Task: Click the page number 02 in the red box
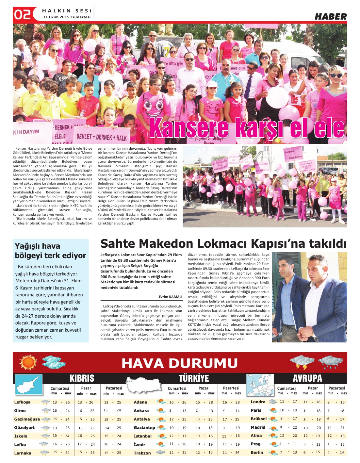tap(22, 14)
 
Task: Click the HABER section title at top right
tap(330, 17)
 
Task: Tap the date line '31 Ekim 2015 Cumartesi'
tap(66, 17)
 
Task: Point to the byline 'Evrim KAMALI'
tap(170, 297)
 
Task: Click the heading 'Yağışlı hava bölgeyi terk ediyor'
tap(50, 251)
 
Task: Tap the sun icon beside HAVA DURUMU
tap(28, 362)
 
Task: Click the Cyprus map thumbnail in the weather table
tap(29, 385)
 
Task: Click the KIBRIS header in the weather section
tap(82, 378)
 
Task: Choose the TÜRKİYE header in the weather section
tap(193, 378)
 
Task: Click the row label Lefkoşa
tap(22, 402)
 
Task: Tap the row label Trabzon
tap(142, 453)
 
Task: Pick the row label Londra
tap(258, 402)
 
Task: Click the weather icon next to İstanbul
tap(161, 436)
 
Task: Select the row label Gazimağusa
tap(27, 419)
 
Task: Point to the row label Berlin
tap(257, 453)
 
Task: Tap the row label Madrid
tap(258, 427)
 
